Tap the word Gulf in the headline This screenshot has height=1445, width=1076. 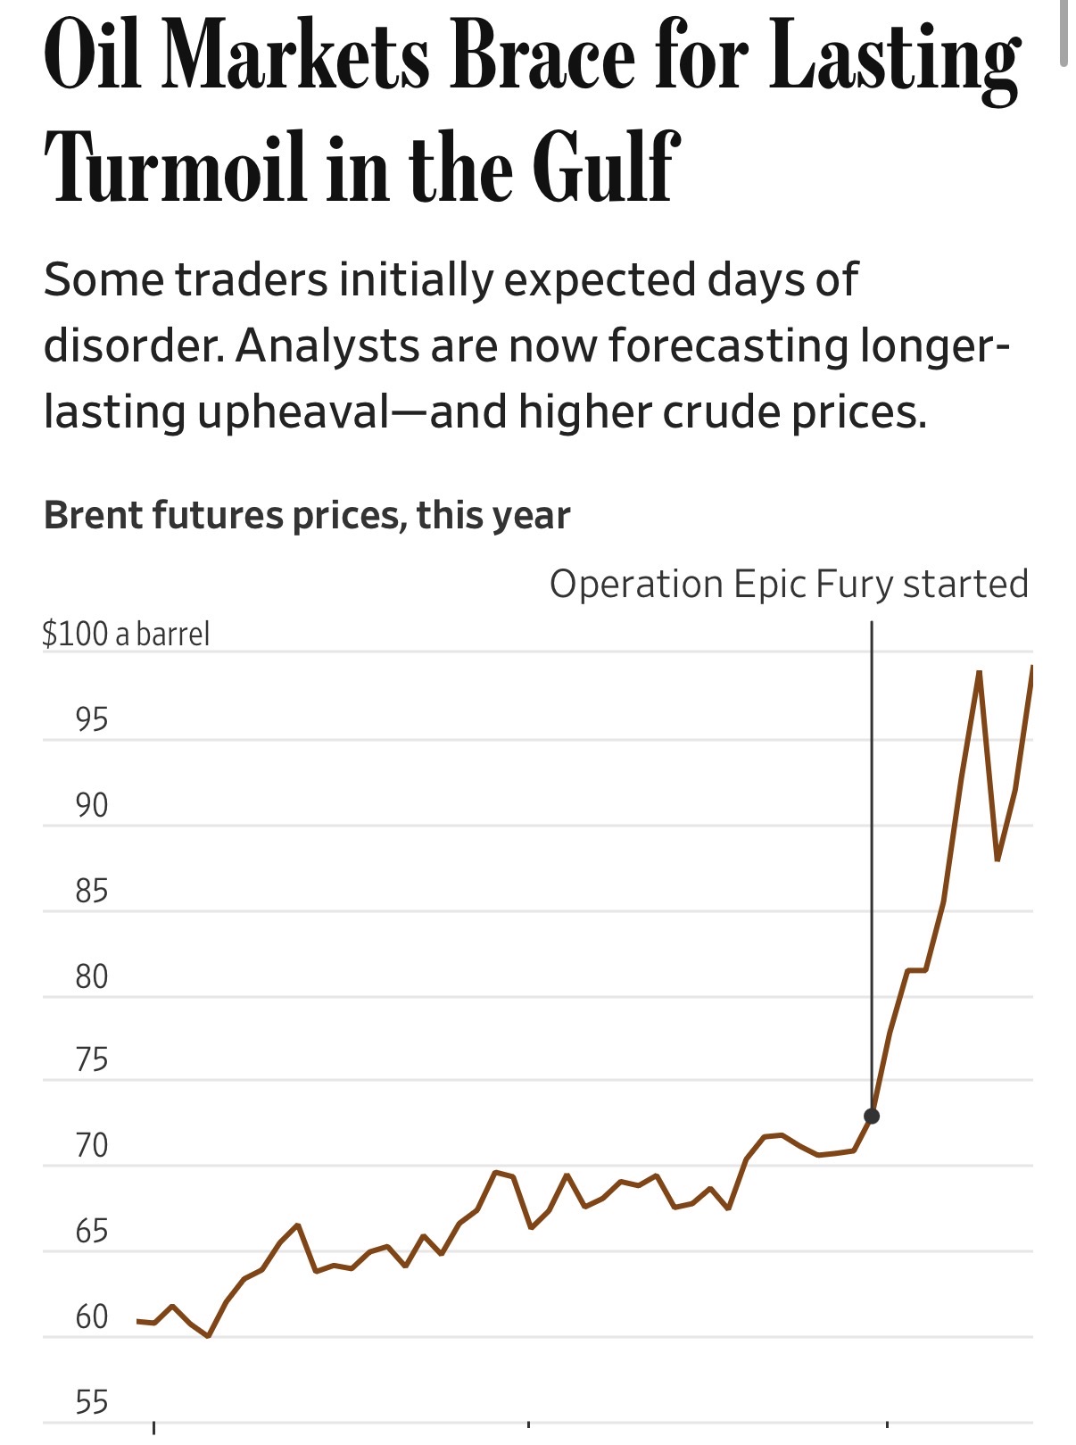click(x=607, y=167)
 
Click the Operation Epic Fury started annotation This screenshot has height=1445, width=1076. click(x=789, y=585)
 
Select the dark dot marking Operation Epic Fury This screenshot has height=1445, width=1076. click(x=872, y=1116)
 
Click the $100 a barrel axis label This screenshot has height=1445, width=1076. click(x=126, y=634)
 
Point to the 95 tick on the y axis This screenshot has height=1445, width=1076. click(x=92, y=719)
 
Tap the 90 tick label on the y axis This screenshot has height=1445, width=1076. click(x=92, y=805)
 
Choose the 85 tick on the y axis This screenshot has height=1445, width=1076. click(x=92, y=891)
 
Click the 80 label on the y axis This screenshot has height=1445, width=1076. click(x=92, y=976)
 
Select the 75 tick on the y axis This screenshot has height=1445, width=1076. click(x=92, y=1060)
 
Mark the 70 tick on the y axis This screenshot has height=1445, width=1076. click(x=92, y=1145)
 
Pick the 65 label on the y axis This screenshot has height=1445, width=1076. click(x=92, y=1231)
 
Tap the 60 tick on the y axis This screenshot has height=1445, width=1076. click(x=92, y=1316)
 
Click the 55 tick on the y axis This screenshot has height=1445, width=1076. click(x=92, y=1402)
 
